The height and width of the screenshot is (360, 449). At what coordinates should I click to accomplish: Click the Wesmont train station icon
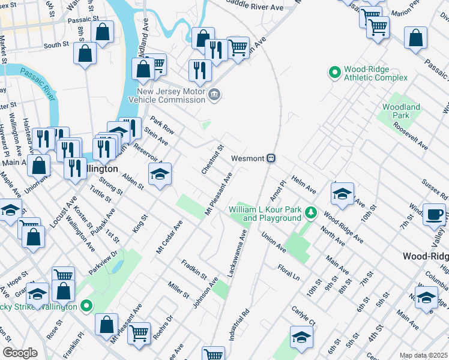pos(271,158)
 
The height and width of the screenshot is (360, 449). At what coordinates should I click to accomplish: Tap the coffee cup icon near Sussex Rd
pos(434,214)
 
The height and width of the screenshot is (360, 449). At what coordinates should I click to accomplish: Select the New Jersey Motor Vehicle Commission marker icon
pos(214,95)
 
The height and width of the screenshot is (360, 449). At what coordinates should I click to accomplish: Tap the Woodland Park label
pos(401,111)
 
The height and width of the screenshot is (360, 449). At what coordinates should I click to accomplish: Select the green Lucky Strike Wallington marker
pos(86,306)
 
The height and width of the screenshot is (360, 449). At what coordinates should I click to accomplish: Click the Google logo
pos(20,352)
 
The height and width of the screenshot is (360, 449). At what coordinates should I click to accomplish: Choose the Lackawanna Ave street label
pos(237,253)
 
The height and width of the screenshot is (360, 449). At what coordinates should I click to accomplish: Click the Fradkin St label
pos(195,268)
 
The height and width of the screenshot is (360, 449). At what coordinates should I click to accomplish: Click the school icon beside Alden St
pos(160,175)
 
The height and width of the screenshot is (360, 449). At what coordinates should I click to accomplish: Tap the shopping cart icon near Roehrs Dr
pos(139,332)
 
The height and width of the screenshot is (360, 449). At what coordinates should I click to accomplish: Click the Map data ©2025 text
pos(423,355)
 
